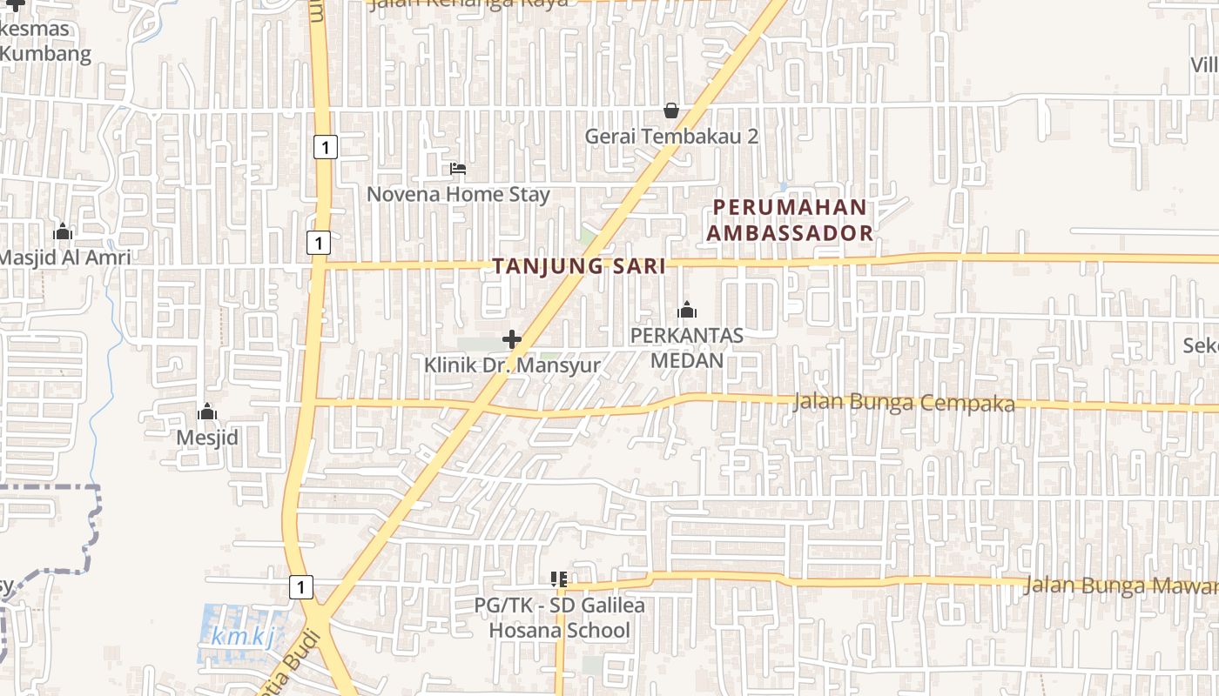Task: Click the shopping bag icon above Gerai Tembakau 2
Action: pos(671,110)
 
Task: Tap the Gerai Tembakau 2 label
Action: pos(671,137)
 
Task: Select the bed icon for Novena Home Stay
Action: pos(458,168)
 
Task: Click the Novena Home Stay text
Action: pos(458,194)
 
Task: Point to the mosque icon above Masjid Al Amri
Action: pos(63,231)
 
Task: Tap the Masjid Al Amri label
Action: pos(64,258)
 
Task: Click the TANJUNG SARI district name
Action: pos(579,267)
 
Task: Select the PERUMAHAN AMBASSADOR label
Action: pos(790,220)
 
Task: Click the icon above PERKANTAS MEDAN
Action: pos(687,310)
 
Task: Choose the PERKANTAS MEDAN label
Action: pos(687,348)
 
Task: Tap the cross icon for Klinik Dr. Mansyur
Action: pos(512,338)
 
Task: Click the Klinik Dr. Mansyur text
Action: pos(512,365)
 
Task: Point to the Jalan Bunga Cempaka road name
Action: pos(904,404)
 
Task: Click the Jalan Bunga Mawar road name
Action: pos(1120,586)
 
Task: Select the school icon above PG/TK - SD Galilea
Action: pos(559,579)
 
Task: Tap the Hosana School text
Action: pos(559,631)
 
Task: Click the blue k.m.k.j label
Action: pos(242,637)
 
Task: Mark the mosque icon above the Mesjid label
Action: pos(207,412)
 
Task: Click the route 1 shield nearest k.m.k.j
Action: pos(300,587)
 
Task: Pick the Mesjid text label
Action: pos(207,438)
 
